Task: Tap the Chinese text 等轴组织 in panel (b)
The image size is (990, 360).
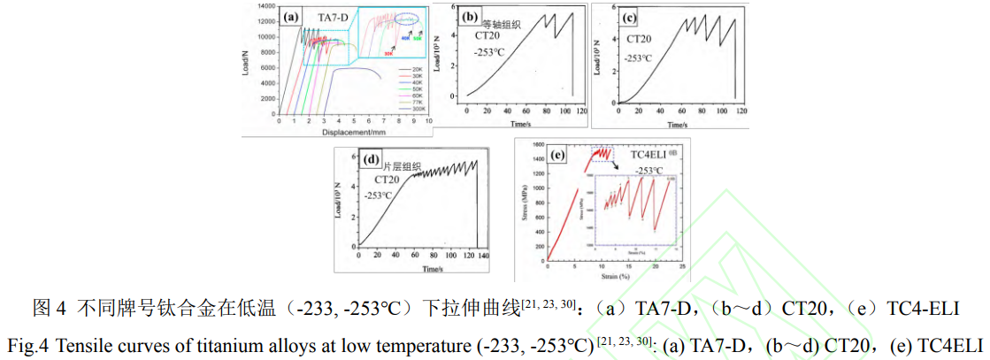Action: (501, 24)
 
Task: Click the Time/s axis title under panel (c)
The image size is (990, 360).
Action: (679, 125)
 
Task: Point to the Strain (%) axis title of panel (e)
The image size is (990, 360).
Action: (616, 277)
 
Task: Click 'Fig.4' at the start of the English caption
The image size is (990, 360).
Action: (27, 342)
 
